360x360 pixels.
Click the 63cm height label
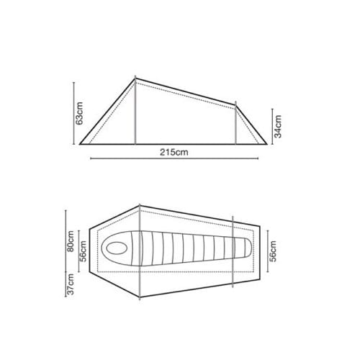coord(79,113)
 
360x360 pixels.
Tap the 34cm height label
coord(278,127)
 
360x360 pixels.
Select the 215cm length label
coord(174,152)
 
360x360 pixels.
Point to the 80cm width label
coord(71,241)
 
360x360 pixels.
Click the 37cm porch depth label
coord(71,284)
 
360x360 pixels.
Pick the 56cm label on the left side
coord(83,251)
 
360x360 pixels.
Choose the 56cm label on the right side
coord(273,251)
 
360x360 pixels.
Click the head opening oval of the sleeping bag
coord(117,248)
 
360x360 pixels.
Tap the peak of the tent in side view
coord(135,78)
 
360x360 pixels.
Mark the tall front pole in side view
coord(135,110)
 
